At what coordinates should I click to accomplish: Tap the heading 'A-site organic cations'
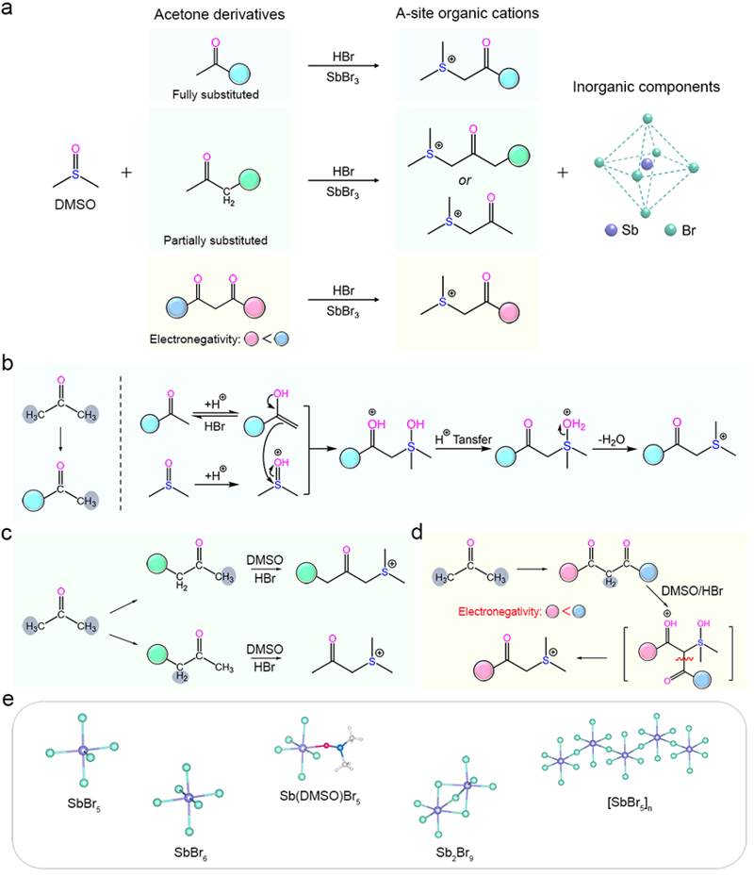467,15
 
